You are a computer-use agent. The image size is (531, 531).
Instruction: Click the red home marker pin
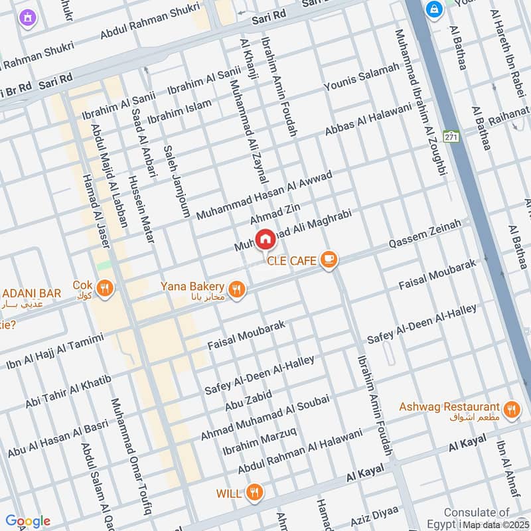click(265, 239)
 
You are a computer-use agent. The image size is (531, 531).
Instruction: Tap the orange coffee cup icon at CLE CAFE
click(327, 260)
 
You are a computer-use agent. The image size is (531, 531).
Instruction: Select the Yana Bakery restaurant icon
click(235, 289)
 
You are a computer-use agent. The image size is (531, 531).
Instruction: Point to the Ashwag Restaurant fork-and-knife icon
click(510, 410)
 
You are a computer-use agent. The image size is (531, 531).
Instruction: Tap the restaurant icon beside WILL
click(253, 493)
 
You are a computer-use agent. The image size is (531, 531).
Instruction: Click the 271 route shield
click(452, 136)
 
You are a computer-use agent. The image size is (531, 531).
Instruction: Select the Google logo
click(27, 521)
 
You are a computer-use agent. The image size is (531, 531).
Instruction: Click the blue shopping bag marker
click(435, 9)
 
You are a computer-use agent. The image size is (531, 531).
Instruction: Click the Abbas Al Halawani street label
click(368, 121)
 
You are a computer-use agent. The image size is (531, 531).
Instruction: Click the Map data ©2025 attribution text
click(494, 524)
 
